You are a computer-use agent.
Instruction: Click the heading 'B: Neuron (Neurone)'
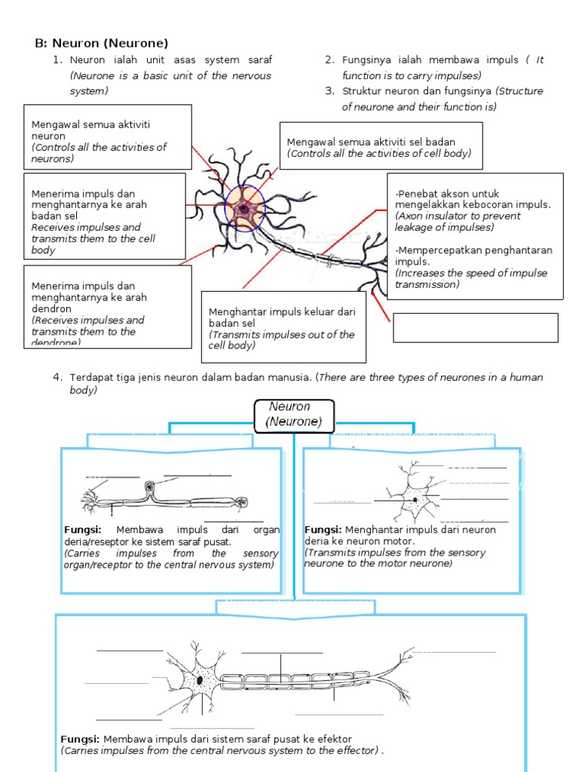point(101,43)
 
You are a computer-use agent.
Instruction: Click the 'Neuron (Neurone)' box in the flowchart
point(295,415)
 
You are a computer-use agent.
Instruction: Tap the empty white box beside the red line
point(475,328)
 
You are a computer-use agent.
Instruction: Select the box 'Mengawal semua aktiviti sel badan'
point(381,147)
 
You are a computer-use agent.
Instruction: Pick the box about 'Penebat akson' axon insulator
point(475,236)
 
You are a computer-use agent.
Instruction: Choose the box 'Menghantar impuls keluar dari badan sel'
point(283,327)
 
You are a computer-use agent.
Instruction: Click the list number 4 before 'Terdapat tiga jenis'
point(57,377)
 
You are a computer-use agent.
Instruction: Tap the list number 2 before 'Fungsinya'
point(329,60)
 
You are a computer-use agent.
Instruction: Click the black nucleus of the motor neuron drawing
point(200,680)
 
